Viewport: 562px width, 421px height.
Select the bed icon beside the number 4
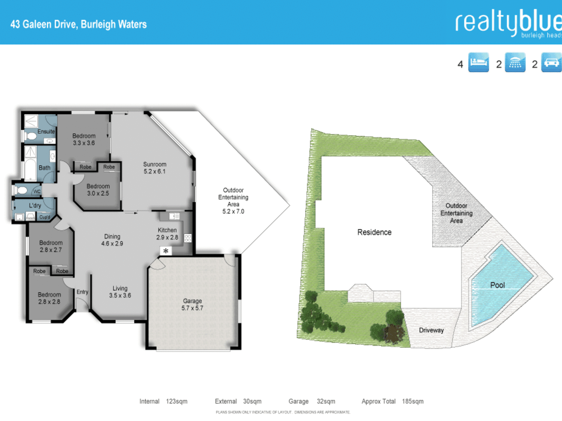[x=479, y=62]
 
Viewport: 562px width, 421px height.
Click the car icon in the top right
[x=552, y=62]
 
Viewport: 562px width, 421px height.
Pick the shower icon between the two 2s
[x=515, y=62]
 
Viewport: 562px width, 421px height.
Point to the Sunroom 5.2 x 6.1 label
[x=155, y=168]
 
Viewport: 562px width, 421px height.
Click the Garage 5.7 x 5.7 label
[x=192, y=304]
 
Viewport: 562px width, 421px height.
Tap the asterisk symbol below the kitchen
[x=166, y=251]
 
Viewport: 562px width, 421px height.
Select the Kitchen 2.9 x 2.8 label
[x=167, y=234]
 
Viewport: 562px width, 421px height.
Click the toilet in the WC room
[x=22, y=191]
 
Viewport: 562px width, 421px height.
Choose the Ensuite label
[x=46, y=132]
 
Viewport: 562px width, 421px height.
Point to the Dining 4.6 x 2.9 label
[x=112, y=240]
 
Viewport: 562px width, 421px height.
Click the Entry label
[x=82, y=292]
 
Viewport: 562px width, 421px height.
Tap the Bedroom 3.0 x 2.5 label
[x=98, y=190]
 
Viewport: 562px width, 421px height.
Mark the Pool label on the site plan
[x=497, y=285]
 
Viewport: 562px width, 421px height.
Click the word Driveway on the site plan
[x=431, y=330]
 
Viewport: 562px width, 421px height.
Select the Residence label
[x=374, y=232]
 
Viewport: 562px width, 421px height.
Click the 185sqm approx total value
[x=413, y=401]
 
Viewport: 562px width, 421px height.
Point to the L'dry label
[x=35, y=206]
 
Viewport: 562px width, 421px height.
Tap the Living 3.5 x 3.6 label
[x=120, y=292]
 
